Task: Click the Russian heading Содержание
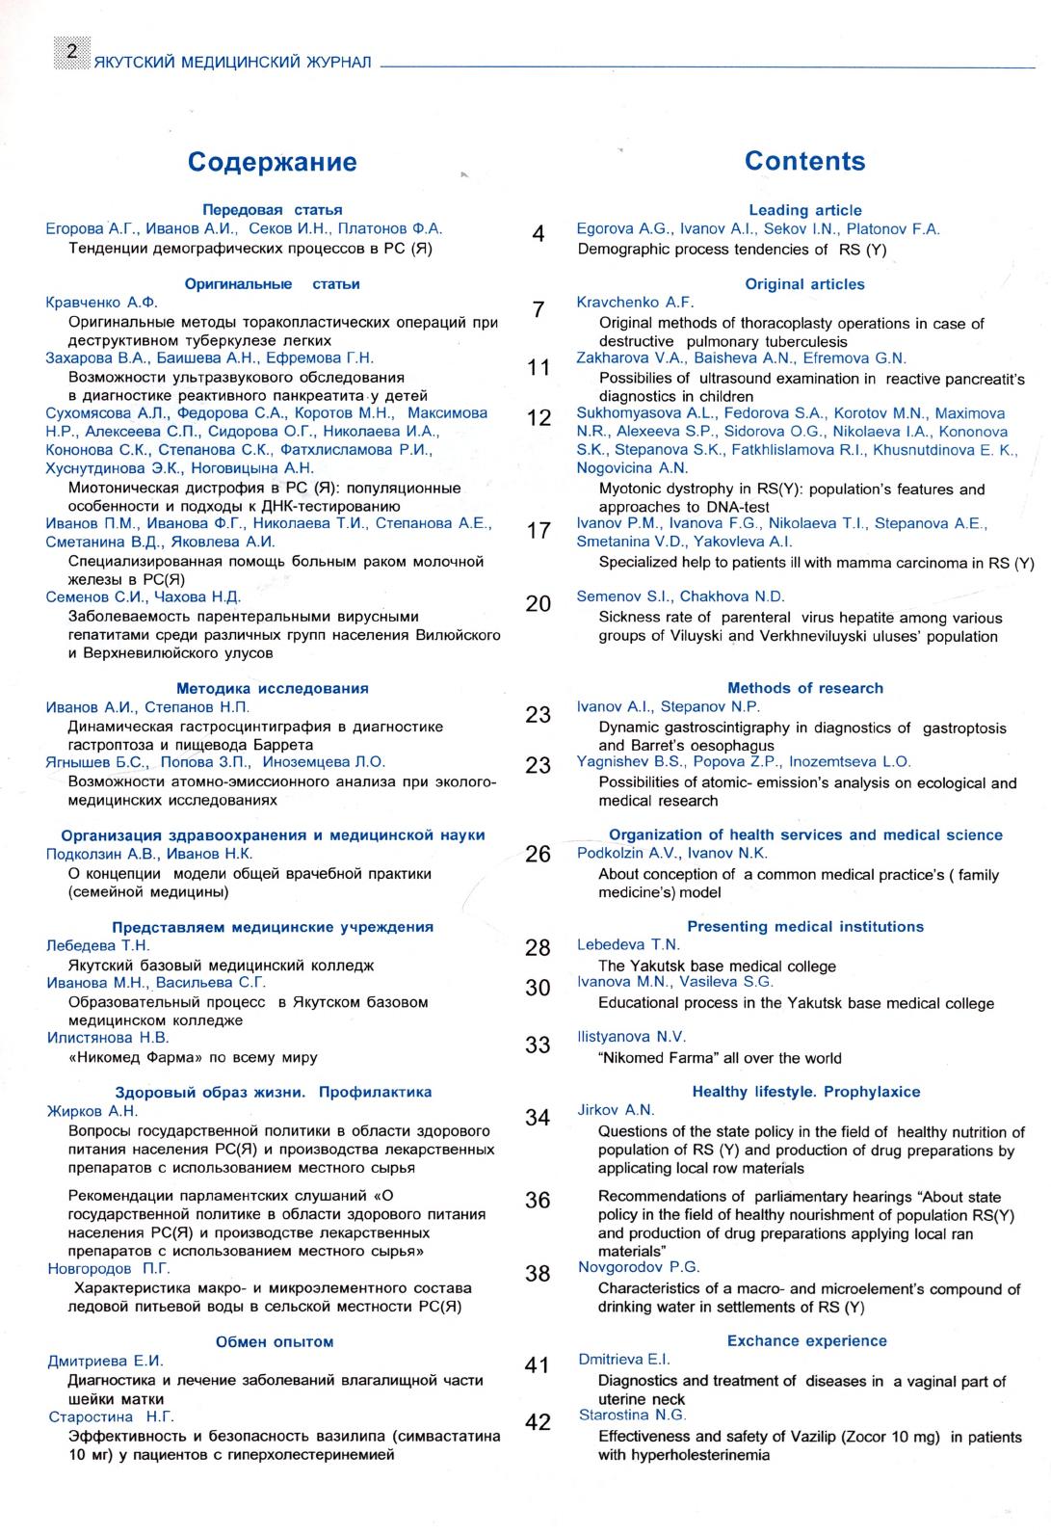pyautogui.click(x=272, y=162)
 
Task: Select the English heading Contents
pyautogui.click(x=804, y=161)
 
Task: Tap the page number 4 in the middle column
pyautogui.click(x=539, y=234)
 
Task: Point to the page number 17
pyautogui.click(x=539, y=530)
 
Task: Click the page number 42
pyautogui.click(x=539, y=1422)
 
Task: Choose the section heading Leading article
pyautogui.click(x=804, y=210)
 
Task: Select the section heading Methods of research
pyautogui.click(x=804, y=688)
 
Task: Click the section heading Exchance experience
pyautogui.click(x=806, y=1340)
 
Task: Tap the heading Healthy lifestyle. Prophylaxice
pyautogui.click(x=805, y=1092)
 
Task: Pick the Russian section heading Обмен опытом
pyautogui.click(x=275, y=1341)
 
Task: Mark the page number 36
pyautogui.click(x=539, y=1201)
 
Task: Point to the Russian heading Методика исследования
pyautogui.click(x=272, y=688)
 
